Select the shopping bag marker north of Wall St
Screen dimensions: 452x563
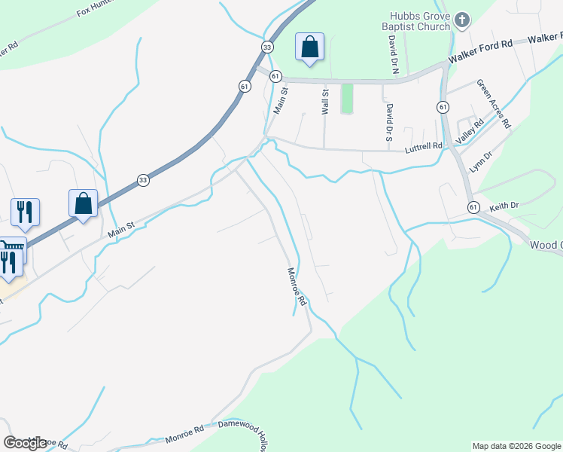pyautogui.click(x=309, y=47)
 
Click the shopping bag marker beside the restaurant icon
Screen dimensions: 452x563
pyautogui.click(x=83, y=204)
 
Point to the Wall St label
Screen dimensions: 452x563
pyautogui.click(x=326, y=102)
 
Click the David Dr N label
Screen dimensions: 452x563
pyautogui.click(x=393, y=56)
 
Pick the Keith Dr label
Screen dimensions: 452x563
pyautogui.click(x=504, y=205)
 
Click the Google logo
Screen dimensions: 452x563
pyautogui.click(x=25, y=443)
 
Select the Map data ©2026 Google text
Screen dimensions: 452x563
pyautogui.click(x=516, y=446)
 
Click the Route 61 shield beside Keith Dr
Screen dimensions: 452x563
pyautogui.click(x=473, y=207)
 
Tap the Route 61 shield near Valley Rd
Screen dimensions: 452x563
pyautogui.click(x=442, y=107)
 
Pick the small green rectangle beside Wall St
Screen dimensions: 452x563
pyautogui.click(x=347, y=99)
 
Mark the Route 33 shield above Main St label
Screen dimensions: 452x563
pyautogui.click(x=143, y=180)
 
